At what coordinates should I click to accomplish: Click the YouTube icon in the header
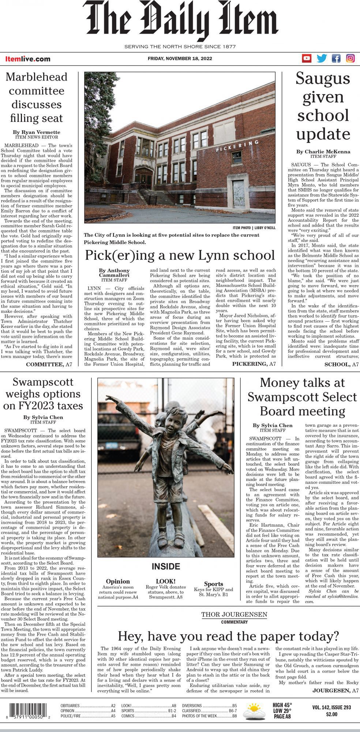point(307,58)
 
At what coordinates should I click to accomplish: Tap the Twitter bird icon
point(322,58)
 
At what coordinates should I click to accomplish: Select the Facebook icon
point(336,58)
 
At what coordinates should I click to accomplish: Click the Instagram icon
point(350,58)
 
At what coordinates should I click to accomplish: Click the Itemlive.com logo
point(28,59)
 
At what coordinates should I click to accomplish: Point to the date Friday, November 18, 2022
point(180,59)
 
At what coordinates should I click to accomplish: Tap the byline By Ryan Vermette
point(36,132)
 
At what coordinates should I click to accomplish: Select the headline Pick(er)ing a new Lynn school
point(180,255)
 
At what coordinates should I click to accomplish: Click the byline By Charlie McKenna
point(323,152)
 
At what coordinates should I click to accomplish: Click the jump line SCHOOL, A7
point(341,364)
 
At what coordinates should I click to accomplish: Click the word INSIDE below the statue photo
point(166,567)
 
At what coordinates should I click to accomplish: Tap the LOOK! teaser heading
point(166,581)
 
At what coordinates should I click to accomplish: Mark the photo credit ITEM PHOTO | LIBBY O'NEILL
point(254,228)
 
